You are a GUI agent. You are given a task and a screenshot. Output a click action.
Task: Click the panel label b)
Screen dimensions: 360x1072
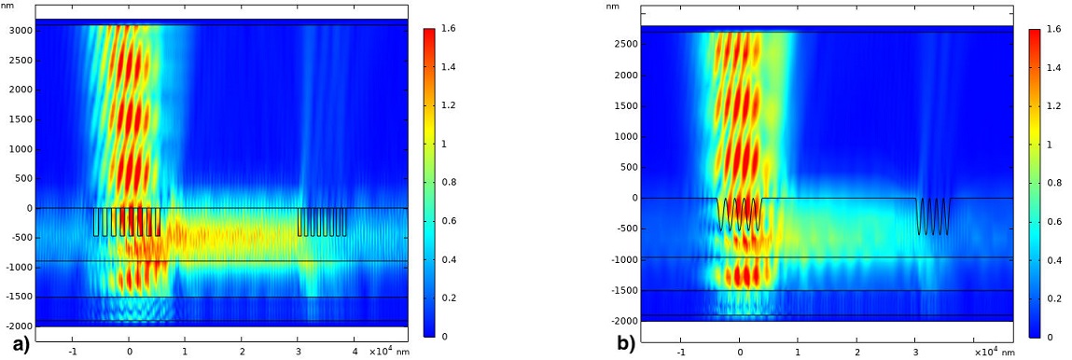click(625, 344)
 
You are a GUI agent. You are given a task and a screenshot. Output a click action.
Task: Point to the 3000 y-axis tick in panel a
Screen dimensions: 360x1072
click(20, 31)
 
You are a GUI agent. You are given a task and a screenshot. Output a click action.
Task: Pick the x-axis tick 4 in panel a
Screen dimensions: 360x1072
click(355, 351)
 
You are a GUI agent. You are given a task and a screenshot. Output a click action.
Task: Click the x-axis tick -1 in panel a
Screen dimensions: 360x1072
click(72, 351)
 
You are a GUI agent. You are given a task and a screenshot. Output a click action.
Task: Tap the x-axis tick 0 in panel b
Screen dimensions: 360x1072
click(740, 353)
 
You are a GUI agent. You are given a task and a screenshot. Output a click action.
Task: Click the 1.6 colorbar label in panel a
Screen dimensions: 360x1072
click(445, 30)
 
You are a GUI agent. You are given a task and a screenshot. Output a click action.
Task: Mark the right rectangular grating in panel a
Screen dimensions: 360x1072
click(322, 222)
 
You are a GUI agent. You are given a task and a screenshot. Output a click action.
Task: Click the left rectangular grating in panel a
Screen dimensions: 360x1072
click(127, 222)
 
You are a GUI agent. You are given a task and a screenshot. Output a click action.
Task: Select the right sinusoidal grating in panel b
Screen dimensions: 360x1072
click(934, 215)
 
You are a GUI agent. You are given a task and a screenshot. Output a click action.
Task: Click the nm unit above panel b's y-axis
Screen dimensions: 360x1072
click(613, 7)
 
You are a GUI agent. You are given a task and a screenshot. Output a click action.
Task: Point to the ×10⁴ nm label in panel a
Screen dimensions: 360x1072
click(385, 351)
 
